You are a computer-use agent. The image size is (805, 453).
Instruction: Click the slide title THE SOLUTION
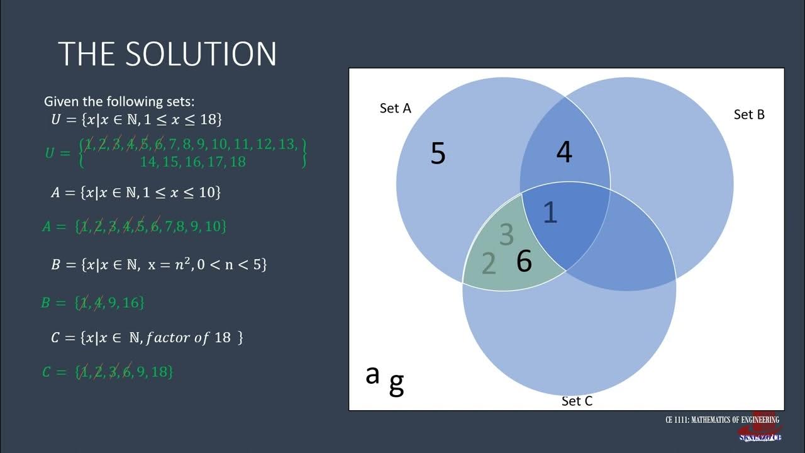pyautogui.click(x=167, y=54)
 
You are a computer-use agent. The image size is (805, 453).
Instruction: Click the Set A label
pyautogui.click(x=395, y=108)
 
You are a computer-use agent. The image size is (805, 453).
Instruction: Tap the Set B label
pyautogui.click(x=749, y=115)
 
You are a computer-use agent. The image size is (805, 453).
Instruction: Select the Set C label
pyautogui.click(x=577, y=401)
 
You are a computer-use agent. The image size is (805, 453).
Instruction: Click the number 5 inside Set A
pyautogui.click(x=438, y=154)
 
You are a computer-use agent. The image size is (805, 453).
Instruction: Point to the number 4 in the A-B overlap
pyautogui.click(x=564, y=152)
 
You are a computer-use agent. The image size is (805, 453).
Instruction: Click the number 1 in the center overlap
pyautogui.click(x=550, y=213)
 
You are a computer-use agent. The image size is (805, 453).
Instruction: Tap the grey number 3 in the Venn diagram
pyautogui.click(x=506, y=235)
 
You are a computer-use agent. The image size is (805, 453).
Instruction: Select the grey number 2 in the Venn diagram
pyautogui.click(x=488, y=264)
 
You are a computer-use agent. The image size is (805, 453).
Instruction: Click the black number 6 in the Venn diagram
pyautogui.click(x=524, y=260)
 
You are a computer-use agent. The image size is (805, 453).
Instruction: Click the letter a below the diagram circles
pyautogui.click(x=372, y=374)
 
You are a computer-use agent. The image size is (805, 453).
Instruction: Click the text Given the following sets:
pyautogui.click(x=119, y=101)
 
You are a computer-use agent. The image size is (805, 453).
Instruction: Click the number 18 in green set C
pyautogui.click(x=160, y=372)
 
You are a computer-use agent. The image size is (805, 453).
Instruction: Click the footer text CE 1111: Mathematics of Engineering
pyautogui.click(x=722, y=420)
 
